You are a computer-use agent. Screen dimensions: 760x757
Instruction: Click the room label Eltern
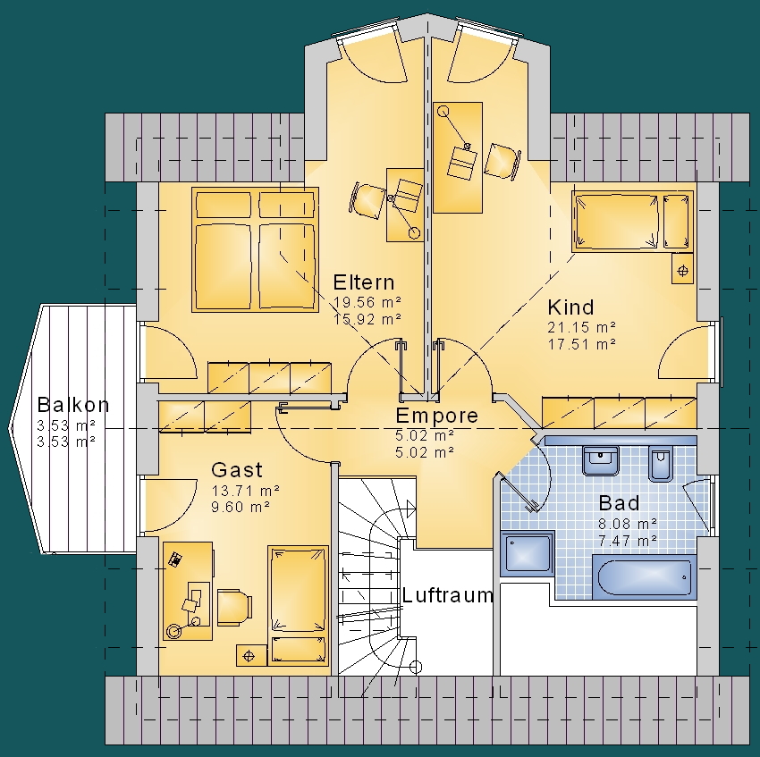pos(364,282)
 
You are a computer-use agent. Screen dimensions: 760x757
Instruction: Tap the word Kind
pos(570,307)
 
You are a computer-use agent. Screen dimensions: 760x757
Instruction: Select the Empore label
pos(436,416)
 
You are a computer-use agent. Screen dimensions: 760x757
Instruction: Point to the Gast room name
pos(237,469)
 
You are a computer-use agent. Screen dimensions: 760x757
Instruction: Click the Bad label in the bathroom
pos(619,503)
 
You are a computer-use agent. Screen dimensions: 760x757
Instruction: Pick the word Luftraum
pos(447,594)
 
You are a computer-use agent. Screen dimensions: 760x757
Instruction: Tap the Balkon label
pos(72,405)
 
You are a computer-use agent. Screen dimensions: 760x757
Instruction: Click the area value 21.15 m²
pos(582,327)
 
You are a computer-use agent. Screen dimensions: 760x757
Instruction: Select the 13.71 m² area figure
pos(245,491)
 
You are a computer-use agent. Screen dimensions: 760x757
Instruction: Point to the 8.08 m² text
pos(628,524)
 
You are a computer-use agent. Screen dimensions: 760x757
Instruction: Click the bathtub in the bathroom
pos(644,577)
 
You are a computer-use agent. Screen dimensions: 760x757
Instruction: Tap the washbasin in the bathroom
pos(601,460)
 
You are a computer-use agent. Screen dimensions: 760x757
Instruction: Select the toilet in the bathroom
pos(660,463)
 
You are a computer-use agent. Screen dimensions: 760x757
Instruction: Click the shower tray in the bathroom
pos(527,553)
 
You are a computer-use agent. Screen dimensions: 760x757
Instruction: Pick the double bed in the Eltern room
pos(255,249)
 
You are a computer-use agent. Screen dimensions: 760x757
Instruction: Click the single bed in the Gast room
pos(298,605)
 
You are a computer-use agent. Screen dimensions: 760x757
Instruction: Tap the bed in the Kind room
pos(632,221)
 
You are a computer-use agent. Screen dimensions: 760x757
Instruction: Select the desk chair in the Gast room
pos(234,607)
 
